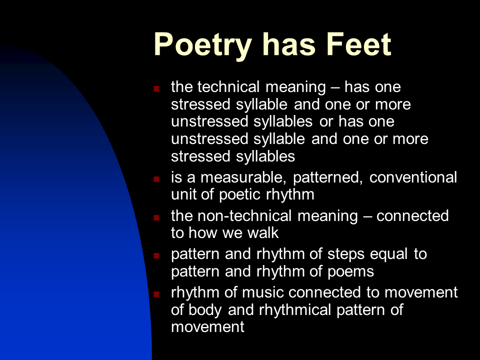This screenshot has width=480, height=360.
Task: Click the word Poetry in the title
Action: pos(202,45)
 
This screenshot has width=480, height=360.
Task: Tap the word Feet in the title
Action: pos(359,44)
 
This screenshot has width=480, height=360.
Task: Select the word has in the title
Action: pos(289,44)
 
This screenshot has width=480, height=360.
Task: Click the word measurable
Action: pos(243,177)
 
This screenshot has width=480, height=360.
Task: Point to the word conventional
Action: pos(413,177)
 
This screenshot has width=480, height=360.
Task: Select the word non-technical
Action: pos(244,216)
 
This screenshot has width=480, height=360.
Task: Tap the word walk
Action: pos(263,233)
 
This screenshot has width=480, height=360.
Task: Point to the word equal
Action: pos(389,254)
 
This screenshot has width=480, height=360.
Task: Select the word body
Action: pos(205,310)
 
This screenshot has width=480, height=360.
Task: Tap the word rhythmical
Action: pos(295,310)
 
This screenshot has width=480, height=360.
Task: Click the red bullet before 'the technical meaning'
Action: pos(156,89)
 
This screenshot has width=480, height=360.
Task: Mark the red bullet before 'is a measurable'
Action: pos(156,179)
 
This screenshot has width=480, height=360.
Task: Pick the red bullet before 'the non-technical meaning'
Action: pos(156,217)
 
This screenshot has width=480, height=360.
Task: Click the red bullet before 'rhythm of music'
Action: pos(156,294)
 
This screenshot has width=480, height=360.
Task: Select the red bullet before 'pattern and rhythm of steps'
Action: pos(156,255)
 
